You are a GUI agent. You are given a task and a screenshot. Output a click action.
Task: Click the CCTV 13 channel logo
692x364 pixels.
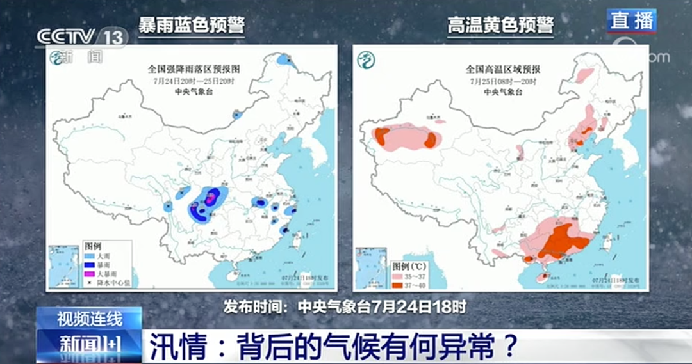(81, 37)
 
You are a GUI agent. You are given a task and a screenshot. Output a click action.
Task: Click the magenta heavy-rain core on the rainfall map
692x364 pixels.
(209, 200)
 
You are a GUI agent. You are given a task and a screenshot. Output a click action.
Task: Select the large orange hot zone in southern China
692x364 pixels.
(562, 240)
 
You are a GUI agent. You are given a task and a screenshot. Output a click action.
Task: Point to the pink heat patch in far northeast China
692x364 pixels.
(584, 76)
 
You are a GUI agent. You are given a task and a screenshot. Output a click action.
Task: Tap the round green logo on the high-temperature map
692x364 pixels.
(367, 60)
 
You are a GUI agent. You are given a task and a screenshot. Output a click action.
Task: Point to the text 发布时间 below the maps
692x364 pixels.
(253, 306)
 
